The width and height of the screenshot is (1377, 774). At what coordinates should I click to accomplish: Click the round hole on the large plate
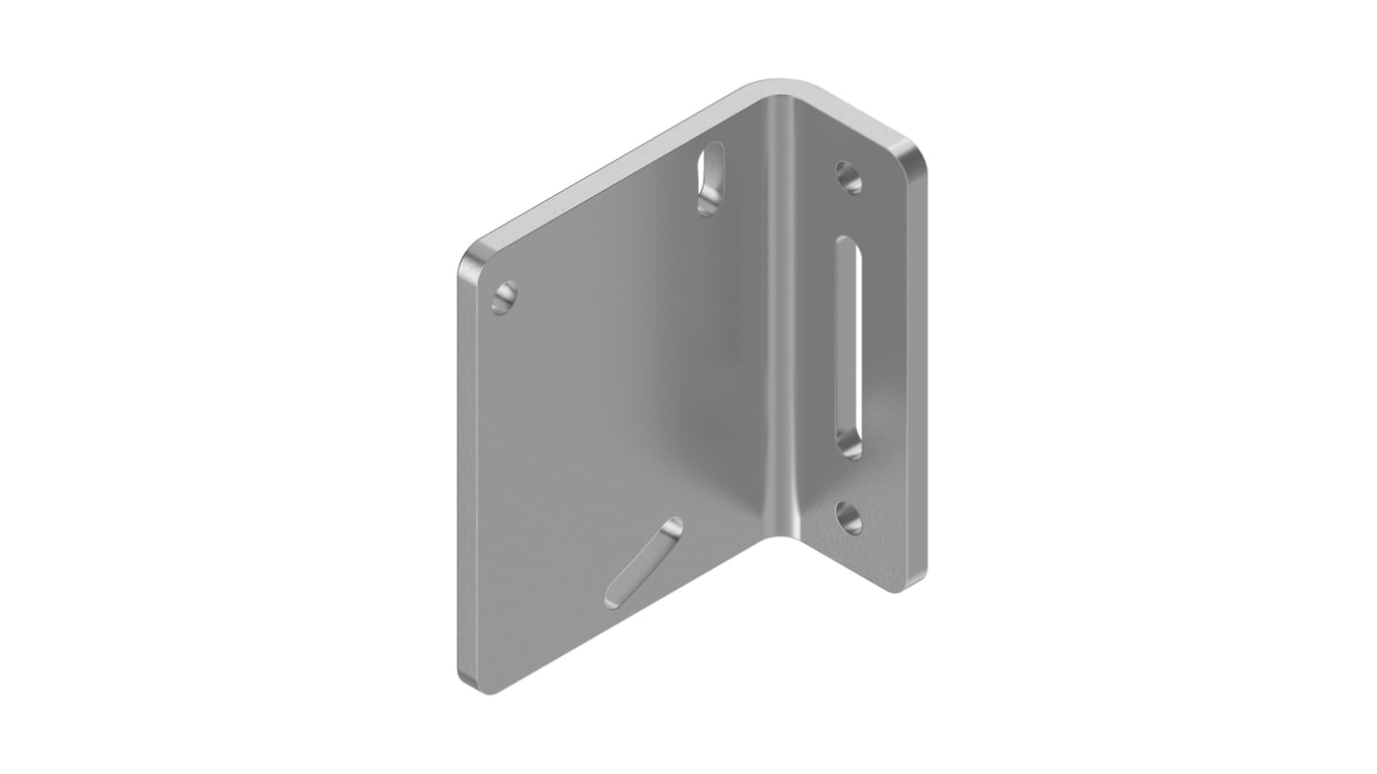[504, 298]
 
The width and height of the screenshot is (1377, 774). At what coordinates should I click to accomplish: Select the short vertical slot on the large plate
[711, 177]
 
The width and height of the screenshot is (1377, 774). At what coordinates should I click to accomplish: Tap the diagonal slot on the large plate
[643, 563]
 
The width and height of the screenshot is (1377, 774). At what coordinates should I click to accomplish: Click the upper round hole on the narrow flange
[849, 177]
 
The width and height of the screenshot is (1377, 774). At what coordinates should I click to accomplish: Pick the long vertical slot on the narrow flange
[849, 347]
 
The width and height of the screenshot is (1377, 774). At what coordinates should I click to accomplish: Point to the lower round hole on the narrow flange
[849, 518]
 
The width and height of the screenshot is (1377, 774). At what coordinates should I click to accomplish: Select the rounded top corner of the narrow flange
[910, 155]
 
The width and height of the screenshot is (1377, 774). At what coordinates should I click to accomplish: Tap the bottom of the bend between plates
[782, 532]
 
